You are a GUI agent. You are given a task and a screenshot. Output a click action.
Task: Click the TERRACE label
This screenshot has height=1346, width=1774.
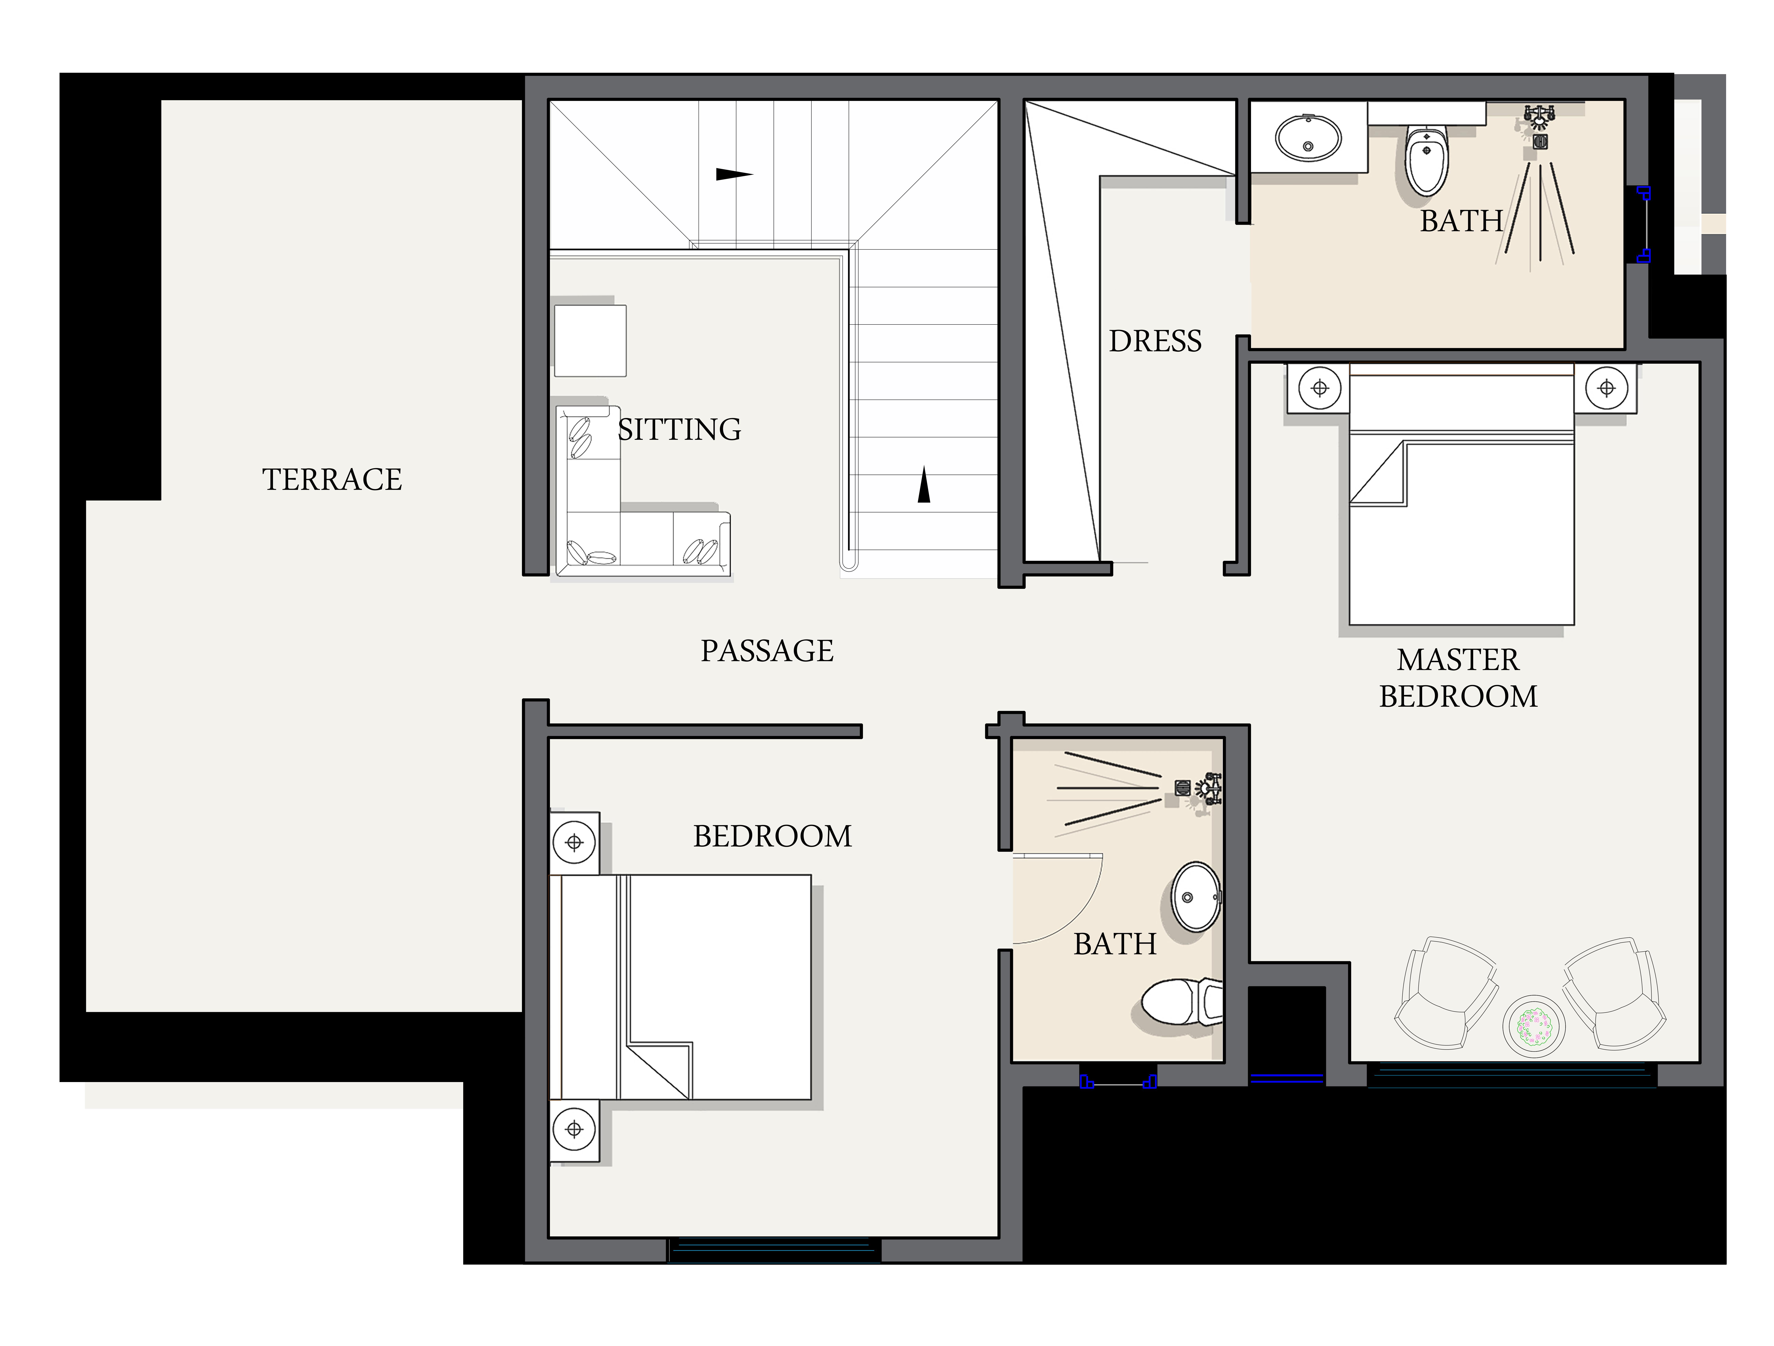[332, 480]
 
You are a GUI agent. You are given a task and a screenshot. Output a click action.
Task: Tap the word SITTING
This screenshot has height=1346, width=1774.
[679, 430]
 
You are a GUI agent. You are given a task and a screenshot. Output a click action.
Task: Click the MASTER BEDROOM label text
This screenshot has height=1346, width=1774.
[1458, 678]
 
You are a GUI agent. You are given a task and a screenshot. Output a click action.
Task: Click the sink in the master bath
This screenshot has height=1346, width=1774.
[1308, 138]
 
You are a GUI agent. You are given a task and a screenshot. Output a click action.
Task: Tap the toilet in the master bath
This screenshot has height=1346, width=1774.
[1427, 160]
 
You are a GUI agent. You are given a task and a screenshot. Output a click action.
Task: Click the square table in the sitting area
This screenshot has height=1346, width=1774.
[590, 340]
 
